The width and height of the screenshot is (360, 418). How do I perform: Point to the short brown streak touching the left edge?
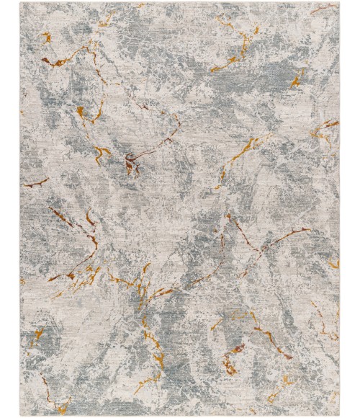(x=35, y=182)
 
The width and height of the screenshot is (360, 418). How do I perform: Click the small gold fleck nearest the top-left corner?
(x=45, y=35)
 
